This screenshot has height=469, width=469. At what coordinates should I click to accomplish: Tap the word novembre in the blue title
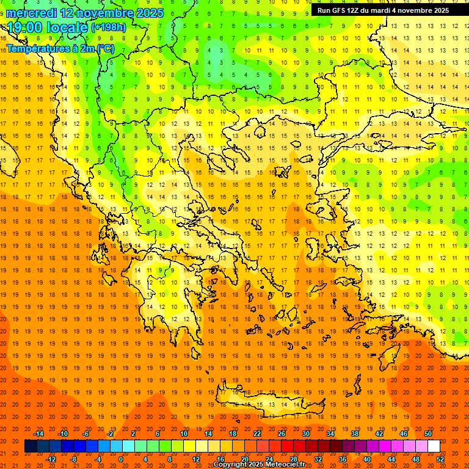click(103, 13)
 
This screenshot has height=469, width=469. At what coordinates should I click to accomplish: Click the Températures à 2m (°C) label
click(60, 48)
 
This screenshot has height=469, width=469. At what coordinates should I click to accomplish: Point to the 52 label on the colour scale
click(440, 459)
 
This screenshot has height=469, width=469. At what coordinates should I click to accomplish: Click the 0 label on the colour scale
click(121, 459)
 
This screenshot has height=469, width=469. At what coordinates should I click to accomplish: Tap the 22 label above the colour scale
click(256, 434)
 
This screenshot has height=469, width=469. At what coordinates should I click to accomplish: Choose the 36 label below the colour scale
click(343, 459)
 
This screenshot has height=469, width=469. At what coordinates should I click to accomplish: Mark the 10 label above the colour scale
click(183, 434)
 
